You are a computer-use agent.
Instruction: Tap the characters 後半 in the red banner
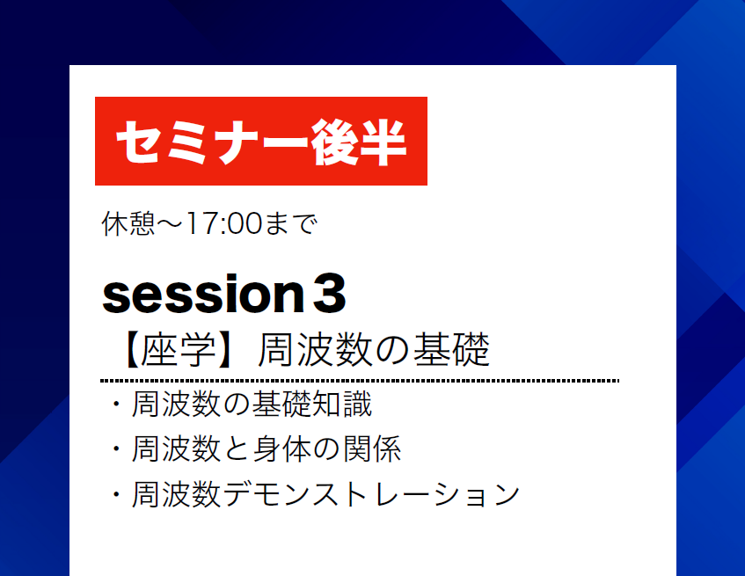tap(358, 142)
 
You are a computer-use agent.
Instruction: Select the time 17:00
tap(223, 223)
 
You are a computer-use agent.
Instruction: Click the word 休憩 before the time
tap(128, 223)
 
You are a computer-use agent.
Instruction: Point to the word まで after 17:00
tap(291, 223)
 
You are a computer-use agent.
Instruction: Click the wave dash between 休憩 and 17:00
tap(170, 223)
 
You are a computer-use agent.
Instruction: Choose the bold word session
tap(203, 294)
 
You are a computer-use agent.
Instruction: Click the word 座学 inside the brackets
tap(179, 350)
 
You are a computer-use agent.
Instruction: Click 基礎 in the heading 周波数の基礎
tap(451, 350)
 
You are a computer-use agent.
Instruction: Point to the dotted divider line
tap(360, 381)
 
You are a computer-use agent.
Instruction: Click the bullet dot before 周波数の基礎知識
tap(116, 405)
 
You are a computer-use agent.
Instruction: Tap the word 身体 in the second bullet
tap(281, 448)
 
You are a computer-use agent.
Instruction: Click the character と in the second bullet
tap(236, 449)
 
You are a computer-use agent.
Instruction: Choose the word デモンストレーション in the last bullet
tap(371, 494)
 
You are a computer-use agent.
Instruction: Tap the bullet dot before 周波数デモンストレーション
tap(116, 494)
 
